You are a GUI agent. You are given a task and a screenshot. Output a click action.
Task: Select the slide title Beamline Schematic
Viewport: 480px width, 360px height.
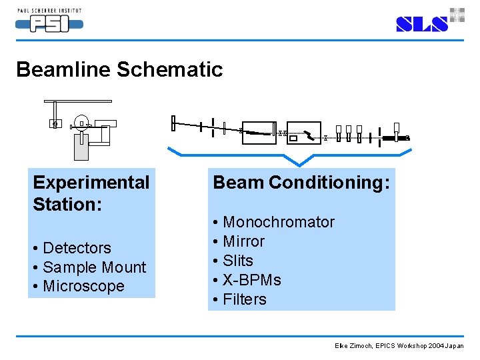[x=119, y=69]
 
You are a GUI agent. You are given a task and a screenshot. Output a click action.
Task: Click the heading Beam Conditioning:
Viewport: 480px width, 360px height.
[x=301, y=182]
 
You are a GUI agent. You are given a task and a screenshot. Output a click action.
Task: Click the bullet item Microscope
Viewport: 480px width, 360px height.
[x=83, y=286]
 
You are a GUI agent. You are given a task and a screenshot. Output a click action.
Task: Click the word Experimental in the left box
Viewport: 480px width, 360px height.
[x=91, y=183]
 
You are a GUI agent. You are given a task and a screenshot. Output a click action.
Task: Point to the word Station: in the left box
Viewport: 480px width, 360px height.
[x=67, y=204]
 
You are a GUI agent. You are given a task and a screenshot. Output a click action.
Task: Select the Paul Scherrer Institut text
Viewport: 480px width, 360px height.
[x=49, y=11]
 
